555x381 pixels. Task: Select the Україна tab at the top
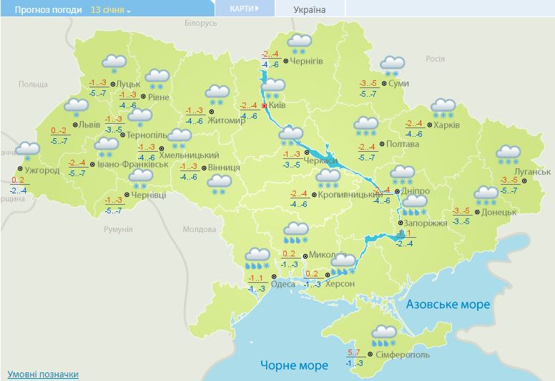[309, 9]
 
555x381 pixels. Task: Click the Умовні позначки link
[43, 375]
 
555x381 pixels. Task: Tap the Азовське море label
[448, 304]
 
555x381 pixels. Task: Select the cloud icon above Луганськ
[509, 153]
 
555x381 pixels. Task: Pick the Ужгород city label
[40, 170]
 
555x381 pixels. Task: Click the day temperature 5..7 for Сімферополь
[353, 352]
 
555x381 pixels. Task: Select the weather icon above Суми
[392, 65]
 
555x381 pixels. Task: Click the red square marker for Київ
[264, 105]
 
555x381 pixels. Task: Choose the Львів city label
[89, 124]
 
